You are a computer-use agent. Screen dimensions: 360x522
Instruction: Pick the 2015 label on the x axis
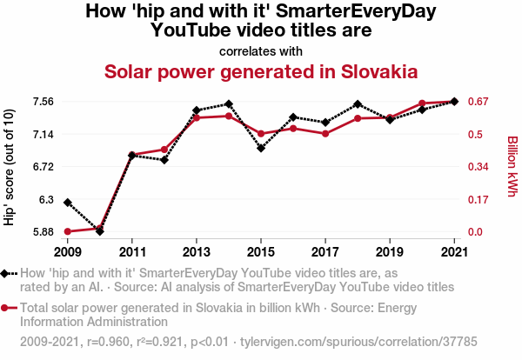[261, 252]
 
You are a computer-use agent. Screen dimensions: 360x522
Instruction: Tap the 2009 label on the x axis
[67, 252]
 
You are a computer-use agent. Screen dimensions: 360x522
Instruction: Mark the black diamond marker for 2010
[100, 230]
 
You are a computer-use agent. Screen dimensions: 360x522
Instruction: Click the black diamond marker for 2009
[68, 202]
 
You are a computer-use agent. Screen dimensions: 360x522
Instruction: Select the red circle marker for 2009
[68, 231]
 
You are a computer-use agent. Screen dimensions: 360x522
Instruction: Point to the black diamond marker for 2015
[261, 148]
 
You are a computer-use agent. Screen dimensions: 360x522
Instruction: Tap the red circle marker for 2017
[325, 133]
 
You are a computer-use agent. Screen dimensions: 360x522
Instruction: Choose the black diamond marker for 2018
[358, 104]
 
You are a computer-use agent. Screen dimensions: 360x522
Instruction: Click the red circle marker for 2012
[164, 150]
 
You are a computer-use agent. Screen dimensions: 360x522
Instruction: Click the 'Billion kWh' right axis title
[512, 165]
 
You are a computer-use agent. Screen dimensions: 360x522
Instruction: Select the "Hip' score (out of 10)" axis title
[10, 167]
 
